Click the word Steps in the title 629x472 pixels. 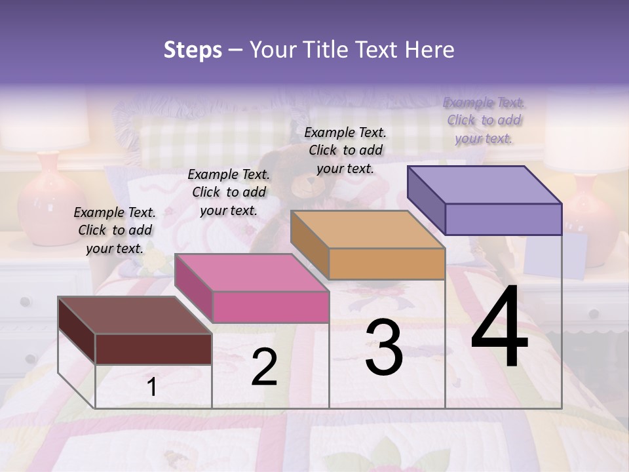[x=193, y=50]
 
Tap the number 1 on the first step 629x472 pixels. [x=151, y=387]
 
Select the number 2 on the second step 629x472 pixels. [x=264, y=368]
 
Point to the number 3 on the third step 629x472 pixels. [x=384, y=348]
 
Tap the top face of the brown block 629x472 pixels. [x=134, y=315]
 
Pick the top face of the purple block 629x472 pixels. [x=485, y=185]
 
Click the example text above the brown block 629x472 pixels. [x=115, y=230]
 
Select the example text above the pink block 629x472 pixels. [x=229, y=192]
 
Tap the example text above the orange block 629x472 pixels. [x=345, y=150]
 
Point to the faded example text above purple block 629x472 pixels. [x=484, y=120]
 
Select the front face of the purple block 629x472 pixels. [x=503, y=219]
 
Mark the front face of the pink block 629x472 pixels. [x=271, y=307]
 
